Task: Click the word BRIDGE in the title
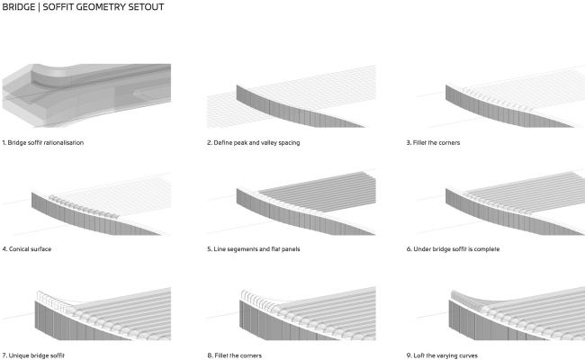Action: (x=17, y=7)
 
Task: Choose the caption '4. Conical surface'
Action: (x=26, y=248)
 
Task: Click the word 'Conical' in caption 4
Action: (x=21, y=248)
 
